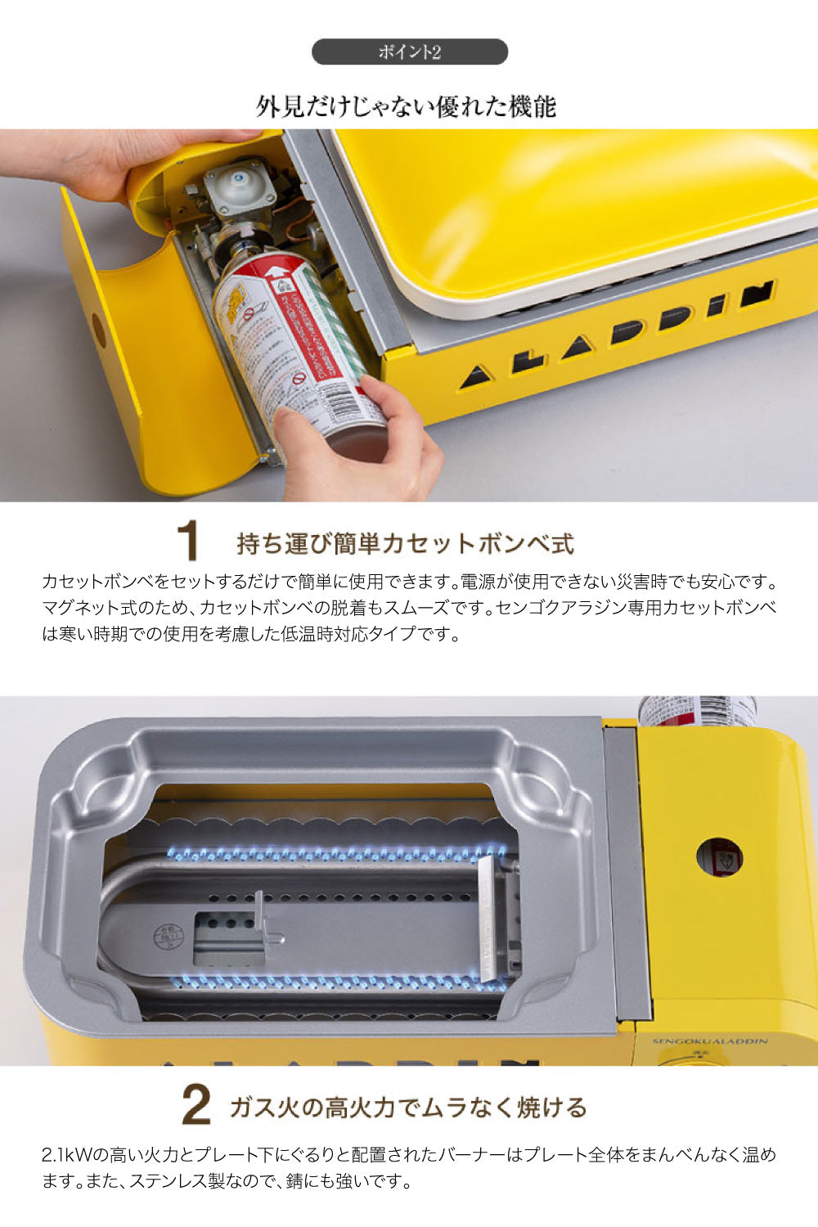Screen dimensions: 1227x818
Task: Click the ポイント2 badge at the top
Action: click(x=410, y=52)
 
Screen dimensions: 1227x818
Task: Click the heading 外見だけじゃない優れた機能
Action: click(x=407, y=106)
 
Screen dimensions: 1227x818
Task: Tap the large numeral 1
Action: click(x=187, y=541)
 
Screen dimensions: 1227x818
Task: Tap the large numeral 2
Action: click(x=196, y=1106)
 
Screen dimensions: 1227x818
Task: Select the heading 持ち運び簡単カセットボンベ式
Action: click(x=405, y=543)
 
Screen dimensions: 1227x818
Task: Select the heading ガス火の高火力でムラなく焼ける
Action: click(x=408, y=1108)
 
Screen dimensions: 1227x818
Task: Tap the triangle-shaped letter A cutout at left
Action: click(x=475, y=377)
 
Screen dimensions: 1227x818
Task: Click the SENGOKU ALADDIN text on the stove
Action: click(x=710, y=1041)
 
